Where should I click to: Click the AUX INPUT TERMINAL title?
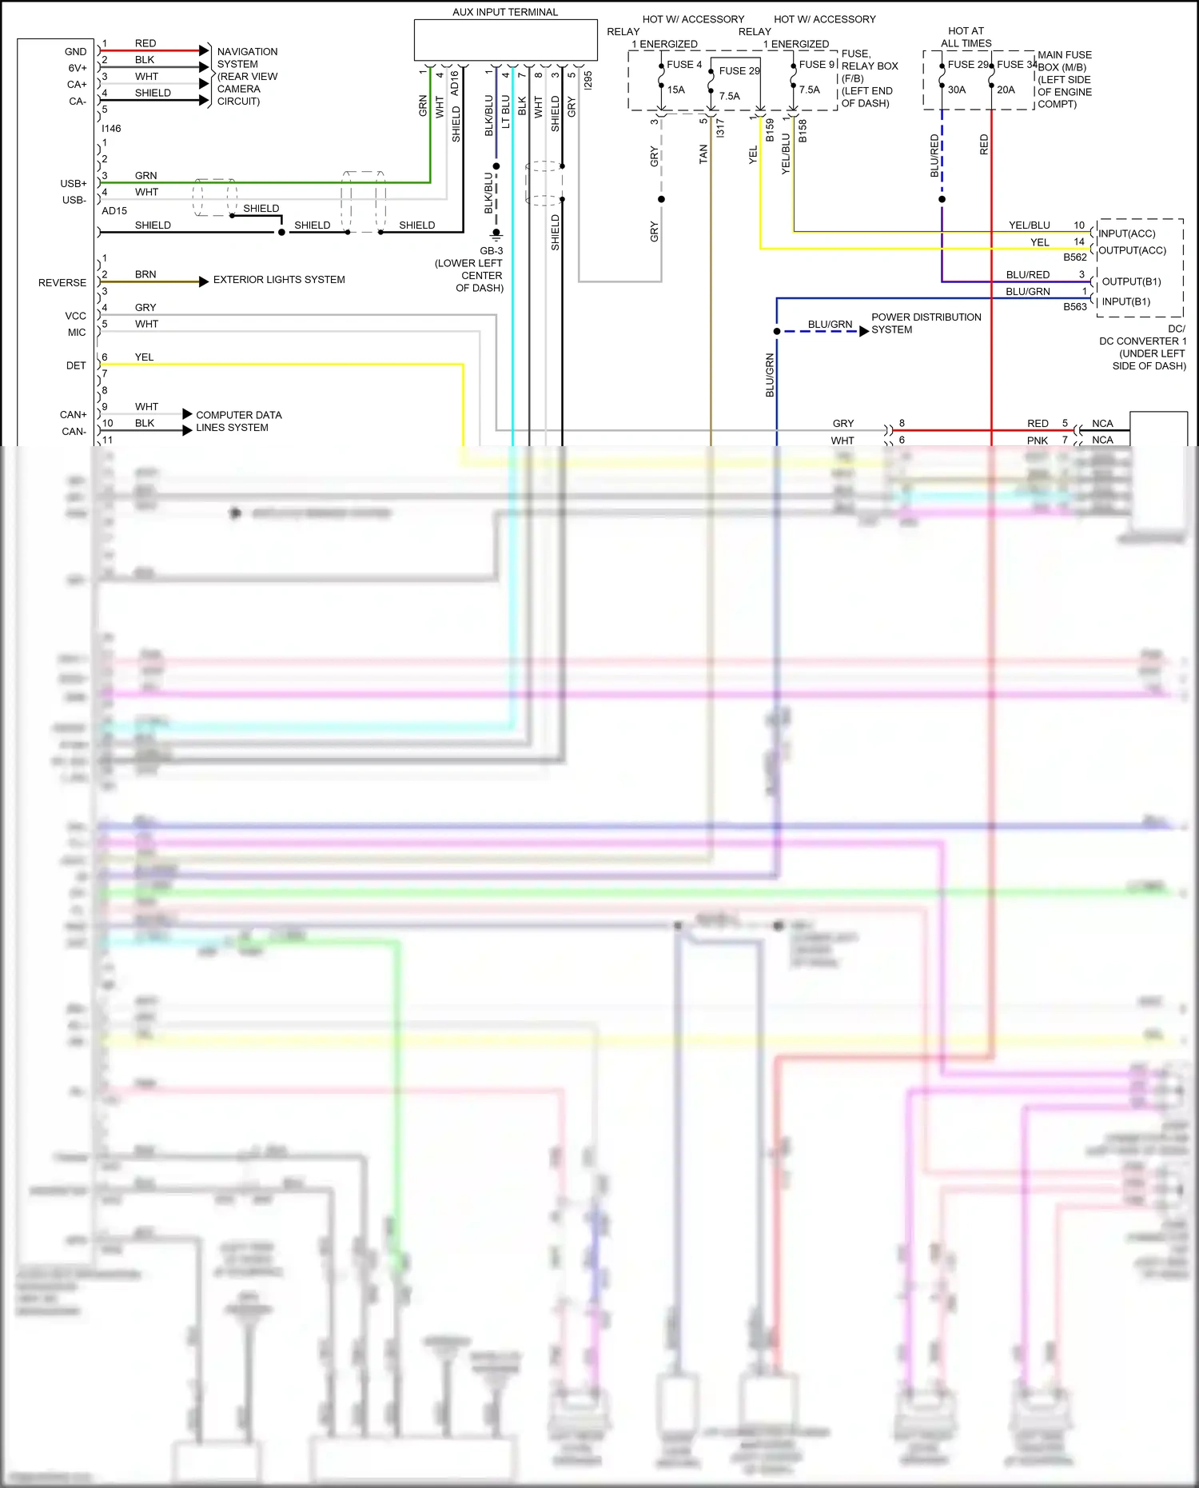pos(505,12)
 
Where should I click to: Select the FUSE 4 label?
pos(684,65)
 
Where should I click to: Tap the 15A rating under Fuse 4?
pos(676,90)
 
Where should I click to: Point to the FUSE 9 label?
pos(817,65)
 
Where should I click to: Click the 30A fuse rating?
pos(957,90)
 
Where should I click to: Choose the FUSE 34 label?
pos(1017,65)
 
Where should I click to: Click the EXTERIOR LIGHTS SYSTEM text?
pos(279,280)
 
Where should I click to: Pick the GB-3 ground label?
pos(491,251)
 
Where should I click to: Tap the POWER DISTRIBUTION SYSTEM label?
pos(926,323)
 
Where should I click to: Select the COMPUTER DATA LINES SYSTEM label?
pos(238,421)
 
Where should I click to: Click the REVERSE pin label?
pos(62,283)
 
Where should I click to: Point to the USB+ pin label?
pos(74,184)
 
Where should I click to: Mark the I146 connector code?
pos(111,129)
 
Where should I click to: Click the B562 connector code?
pos(1075,257)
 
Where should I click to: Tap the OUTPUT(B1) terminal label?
pos(1131,281)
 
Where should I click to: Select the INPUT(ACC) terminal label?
pos(1126,233)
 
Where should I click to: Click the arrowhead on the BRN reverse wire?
pos(204,281)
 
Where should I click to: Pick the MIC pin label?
pos(77,333)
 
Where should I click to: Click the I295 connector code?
pos(588,80)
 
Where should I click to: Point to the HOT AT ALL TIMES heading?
pos(966,37)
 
